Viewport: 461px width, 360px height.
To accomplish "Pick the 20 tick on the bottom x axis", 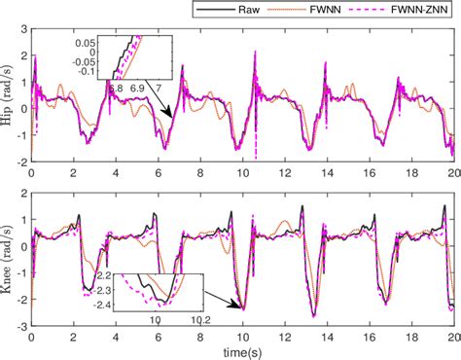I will (x=451, y=336).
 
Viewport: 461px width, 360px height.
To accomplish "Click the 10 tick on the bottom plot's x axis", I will (x=241, y=336).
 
